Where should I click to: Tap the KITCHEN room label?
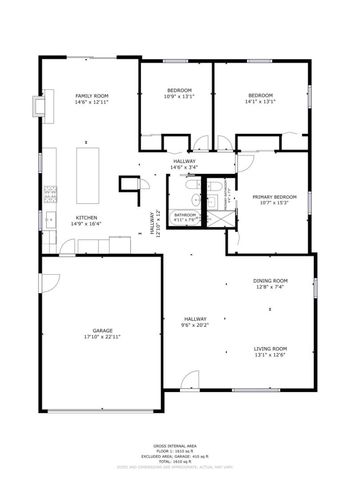tap(86, 219)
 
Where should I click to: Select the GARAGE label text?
tap(101, 330)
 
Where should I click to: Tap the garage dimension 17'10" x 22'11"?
tap(101, 337)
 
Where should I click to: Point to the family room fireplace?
tap(43, 105)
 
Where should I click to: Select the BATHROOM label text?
tap(185, 214)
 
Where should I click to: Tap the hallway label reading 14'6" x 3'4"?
tap(184, 166)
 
